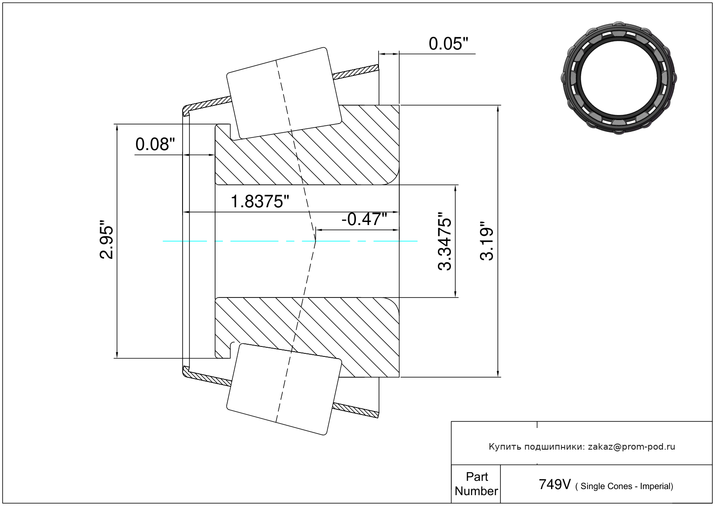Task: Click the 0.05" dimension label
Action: coord(448,44)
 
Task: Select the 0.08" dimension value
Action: coord(155,144)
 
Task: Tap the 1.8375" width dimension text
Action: coord(260,202)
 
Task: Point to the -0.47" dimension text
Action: coord(364,219)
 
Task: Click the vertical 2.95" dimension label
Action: coord(107,242)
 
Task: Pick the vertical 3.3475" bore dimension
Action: coord(445,241)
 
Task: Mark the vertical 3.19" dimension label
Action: coord(487,241)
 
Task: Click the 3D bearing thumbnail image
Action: coord(619,77)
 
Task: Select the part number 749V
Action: coord(555,484)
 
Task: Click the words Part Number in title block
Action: coord(476,484)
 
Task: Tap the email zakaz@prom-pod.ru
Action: coord(631,447)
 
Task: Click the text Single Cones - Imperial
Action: coord(626,486)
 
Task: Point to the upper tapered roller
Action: coord(284,93)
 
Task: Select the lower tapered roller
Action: coord(284,389)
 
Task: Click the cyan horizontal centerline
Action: coord(251,241)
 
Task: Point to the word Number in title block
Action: coord(476,491)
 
